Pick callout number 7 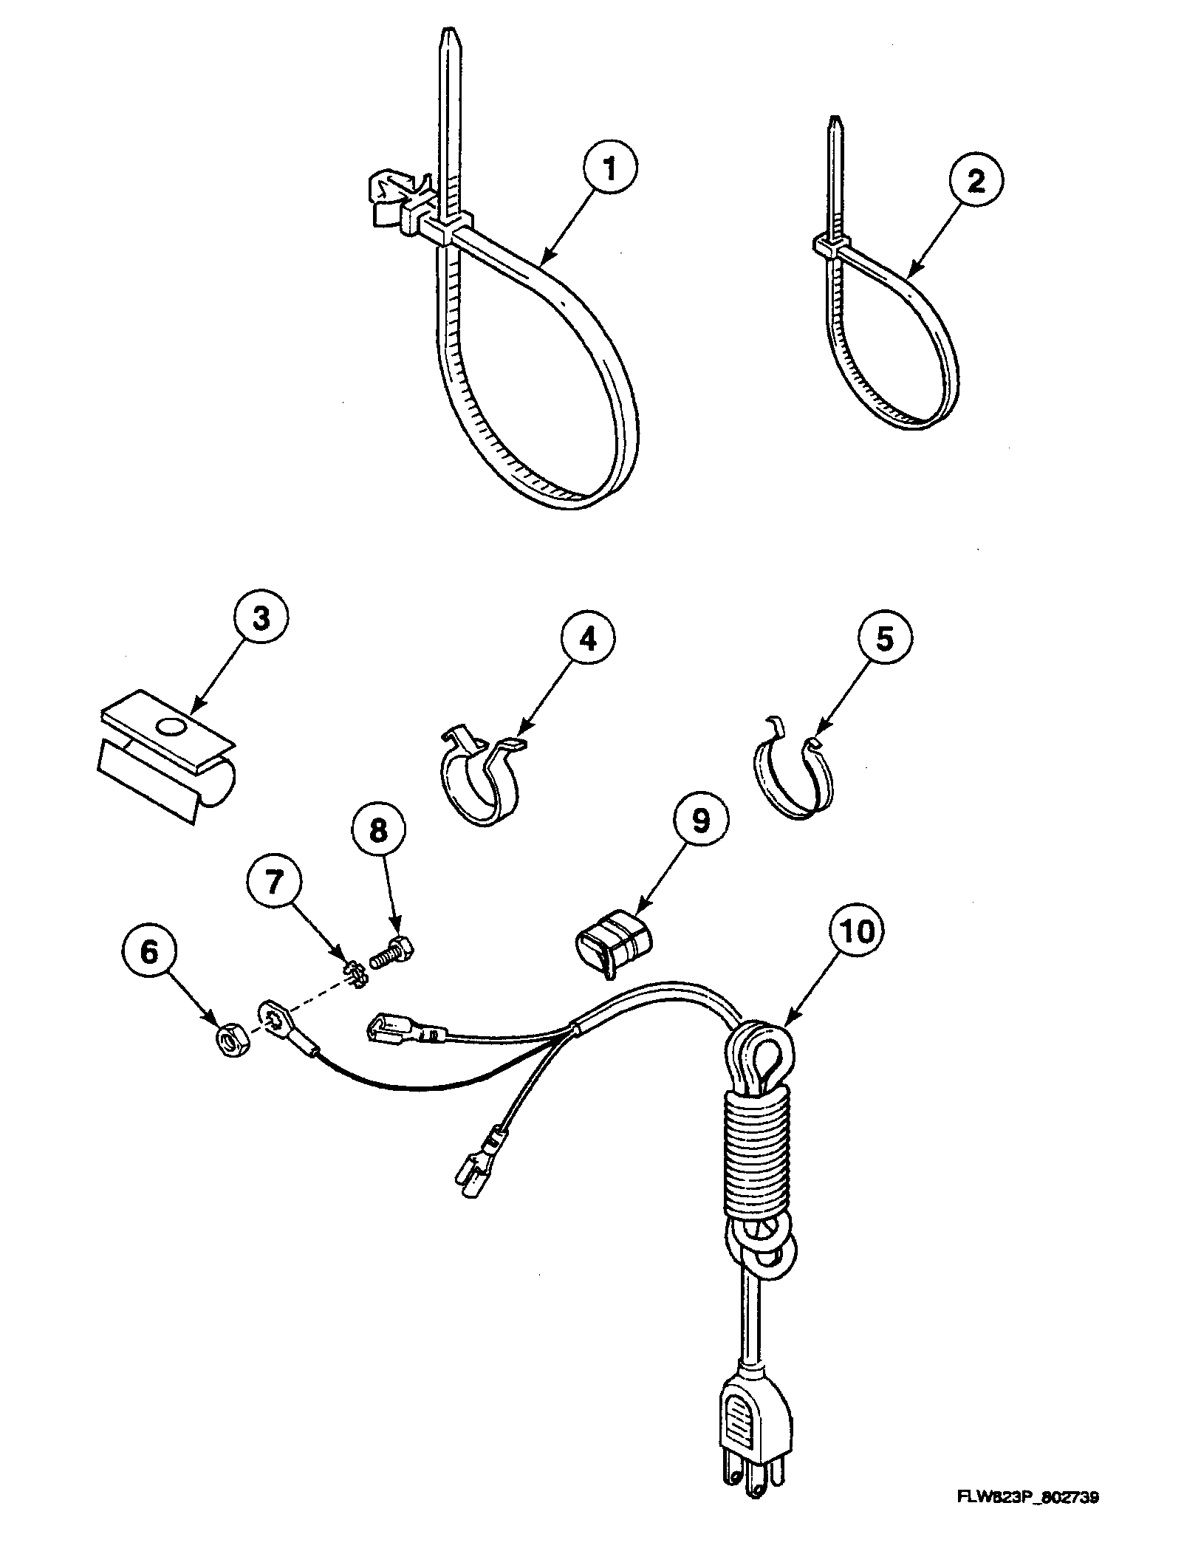(x=275, y=882)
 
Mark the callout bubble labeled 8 (x=377, y=831)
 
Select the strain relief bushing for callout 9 (x=615, y=945)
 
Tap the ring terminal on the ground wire (x=274, y=1017)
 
